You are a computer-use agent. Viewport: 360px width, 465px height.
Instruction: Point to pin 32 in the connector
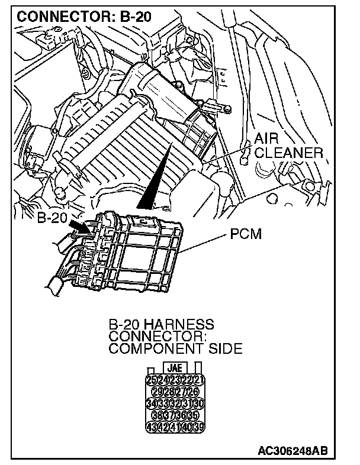(x=176, y=404)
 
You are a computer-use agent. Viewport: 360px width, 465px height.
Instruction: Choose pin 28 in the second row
(x=176, y=391)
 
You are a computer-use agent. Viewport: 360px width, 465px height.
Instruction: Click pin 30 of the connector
(x=199, y=404)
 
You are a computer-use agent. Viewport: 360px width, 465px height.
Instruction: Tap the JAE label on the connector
(x=175, y=366)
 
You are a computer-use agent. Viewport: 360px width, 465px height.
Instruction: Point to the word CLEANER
(x=290, y=153)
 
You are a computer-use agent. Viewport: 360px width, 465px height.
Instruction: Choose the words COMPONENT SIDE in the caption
(x=175, y=348)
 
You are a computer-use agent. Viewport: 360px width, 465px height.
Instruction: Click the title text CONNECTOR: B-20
(x=84, y=16)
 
